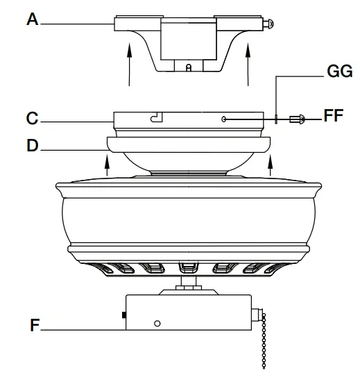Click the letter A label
32,20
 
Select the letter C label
32,119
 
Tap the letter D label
32,147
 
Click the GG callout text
340,72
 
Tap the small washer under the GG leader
276,119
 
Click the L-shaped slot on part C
157,118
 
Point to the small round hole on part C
223,119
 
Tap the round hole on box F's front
157,324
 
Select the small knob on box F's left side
123,317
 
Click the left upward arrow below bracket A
130,65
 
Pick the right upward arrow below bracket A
248,65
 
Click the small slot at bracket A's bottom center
189,67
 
